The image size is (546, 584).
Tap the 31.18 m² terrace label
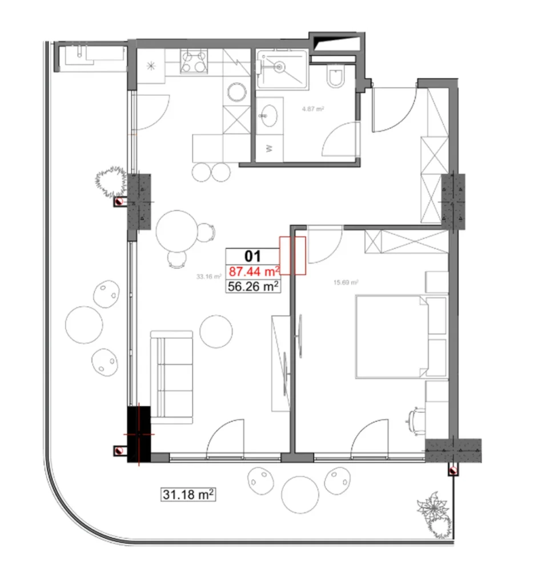188,494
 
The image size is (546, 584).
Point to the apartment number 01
252,255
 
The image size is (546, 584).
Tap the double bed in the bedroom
392,336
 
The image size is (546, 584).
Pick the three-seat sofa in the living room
172,376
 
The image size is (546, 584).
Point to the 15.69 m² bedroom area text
346,282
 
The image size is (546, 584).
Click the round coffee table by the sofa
216,331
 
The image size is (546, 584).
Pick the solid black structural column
138,432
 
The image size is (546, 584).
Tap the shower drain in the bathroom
279,67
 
